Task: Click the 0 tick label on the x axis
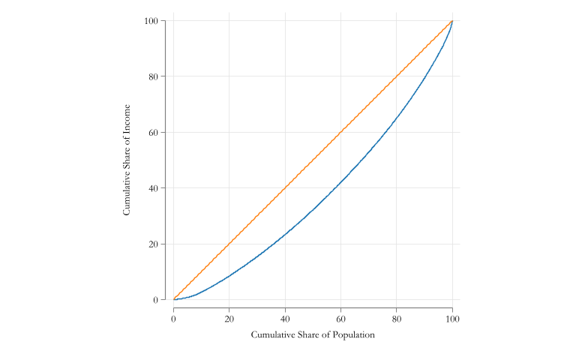pyautogui.click(x=173, y=318)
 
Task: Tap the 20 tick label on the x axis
pyautogui.click(x=229, y=318)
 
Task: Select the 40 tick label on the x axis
pyautogui.click(x=285, y=318)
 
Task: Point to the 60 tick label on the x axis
pyautogui.click(x=340, y=318)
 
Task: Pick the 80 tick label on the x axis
pyautogui.click(x=397, y=318)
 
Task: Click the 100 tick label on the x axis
pyautogui.click(x=452, y=318)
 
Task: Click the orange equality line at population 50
pyautogui.click(x=313, y=160)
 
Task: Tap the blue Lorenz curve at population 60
pyautogui.click(x=340, y=181)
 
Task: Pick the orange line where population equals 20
pyautogui.click(x=229, y=244)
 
